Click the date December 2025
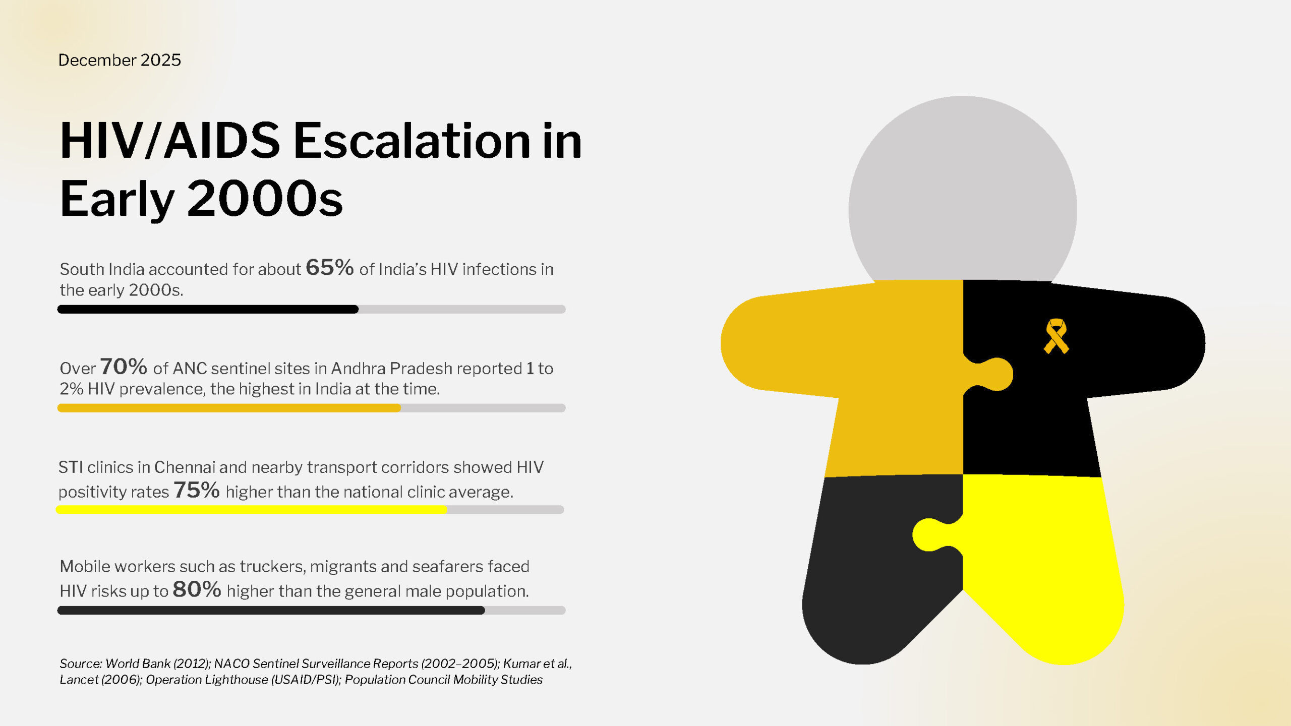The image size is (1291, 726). [x=120, y=60]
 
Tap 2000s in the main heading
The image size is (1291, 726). [x=265, y=199]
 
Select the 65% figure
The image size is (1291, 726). [x=330, y=267]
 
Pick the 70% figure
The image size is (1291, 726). [x=124, y=367]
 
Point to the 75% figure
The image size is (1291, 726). [x=197, y=490]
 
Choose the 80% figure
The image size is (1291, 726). [x=197, y=589]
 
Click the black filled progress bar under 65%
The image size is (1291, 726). [x=208, y=309]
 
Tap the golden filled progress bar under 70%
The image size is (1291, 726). [x=229, y=408]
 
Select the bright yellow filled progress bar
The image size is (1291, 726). [x=252, y=510]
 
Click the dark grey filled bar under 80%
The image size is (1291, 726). [x=271, y=610]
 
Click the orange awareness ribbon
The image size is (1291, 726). [x=1056, y=336]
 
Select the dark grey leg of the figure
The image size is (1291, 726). [x=883, y=570]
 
